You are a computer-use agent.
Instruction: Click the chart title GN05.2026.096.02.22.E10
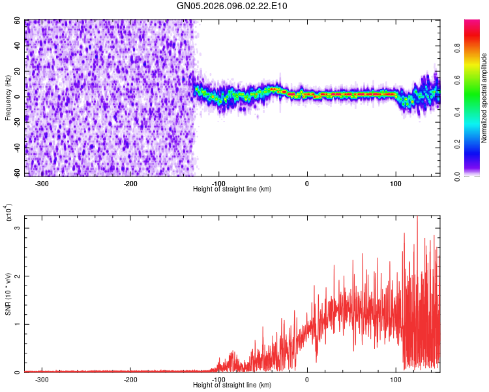pyautogui.click(x=232, y=6)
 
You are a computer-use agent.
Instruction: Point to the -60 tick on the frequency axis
pyautogui.click(x=15, y=174)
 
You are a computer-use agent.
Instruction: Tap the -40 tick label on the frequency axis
pyautogui.click(x=15, y=148)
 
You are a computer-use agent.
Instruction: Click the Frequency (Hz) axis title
pyautogui.click(x=8, y=98)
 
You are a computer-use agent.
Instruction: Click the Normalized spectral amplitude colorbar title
pyautogui.click(x=484, y=98)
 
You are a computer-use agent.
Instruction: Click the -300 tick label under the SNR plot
pyautogui.click(x=41, y=380)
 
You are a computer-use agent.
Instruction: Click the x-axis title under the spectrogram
pyautogui.click(x=232, y=189)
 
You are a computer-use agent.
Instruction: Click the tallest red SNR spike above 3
pyautogui.click(x=417, y=218)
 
